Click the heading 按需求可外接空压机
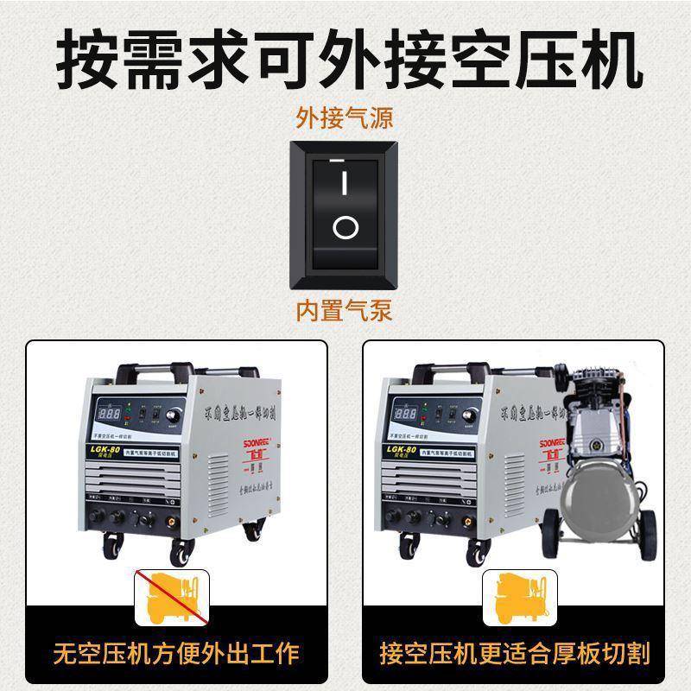click(345, 59)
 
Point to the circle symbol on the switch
click(345, 228)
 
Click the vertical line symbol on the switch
click(345, 183)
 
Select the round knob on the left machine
click(181, 415)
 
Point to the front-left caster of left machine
click(112, 544)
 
